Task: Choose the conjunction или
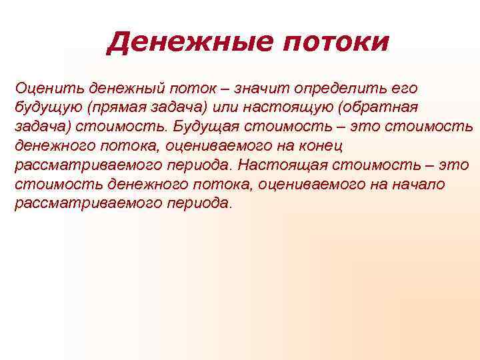click(x=223, y=107)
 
